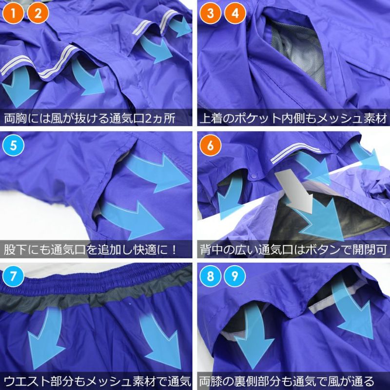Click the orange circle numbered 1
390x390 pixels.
(13, 13)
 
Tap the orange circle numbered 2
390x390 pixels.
(38, 13)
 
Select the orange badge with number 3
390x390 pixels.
(211, 13)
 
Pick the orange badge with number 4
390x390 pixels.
(235, 13)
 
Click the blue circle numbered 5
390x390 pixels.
(13, 145)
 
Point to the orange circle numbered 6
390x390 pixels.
(211, 145)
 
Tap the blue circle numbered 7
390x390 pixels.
(13, 276)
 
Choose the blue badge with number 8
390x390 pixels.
(211, 276)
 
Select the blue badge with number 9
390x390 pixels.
(235, 276)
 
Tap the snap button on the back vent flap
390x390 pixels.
(253, 176)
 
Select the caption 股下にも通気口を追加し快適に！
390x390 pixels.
(91, 250)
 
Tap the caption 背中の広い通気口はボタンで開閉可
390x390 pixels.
(293, 250)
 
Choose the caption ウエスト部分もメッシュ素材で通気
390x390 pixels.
(97, 381)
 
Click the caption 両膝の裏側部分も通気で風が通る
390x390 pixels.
(287, 381)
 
